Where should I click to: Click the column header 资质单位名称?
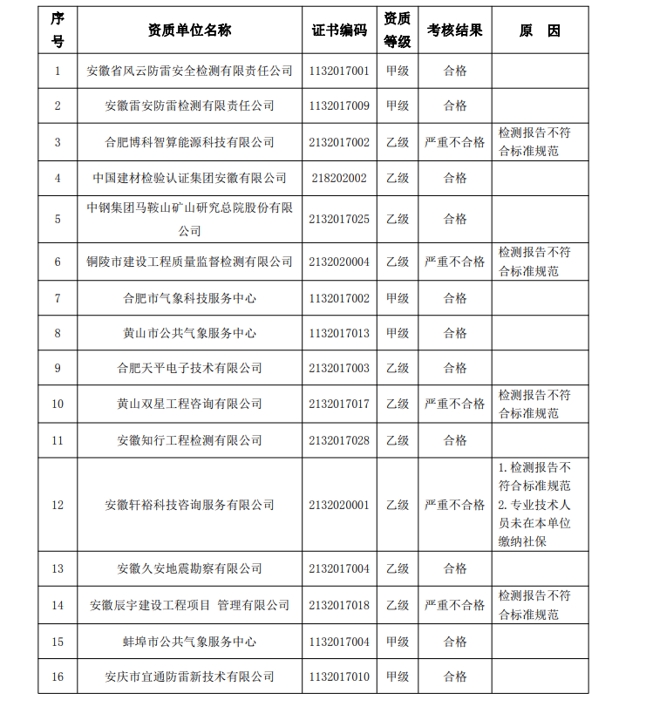click(189, 31)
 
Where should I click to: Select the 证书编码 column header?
click(339, 31)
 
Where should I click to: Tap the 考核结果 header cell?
click(454, 31)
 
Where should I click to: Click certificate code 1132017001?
click(339, 71)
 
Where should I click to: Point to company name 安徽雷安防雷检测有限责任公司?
click(189, 105)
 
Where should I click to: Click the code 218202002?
click(339, 178)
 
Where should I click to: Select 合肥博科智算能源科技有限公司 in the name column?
click(189, 142)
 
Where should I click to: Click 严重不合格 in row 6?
click(454, 262)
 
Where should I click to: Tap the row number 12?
click(58, 505)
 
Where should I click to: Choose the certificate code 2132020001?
click(339, 505)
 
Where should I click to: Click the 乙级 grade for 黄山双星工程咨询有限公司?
click(398, 404)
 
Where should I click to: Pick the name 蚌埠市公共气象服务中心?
click(189, 642)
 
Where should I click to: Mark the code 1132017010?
click(339, 676)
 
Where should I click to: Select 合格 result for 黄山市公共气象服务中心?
click(454, 333)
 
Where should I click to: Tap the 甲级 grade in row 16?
click(398, 676)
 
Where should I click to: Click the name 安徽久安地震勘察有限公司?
click(189, 568)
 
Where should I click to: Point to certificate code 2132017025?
click(339, 219)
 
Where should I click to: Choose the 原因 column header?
click(540, 31)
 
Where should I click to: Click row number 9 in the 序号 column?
click(58, 368)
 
